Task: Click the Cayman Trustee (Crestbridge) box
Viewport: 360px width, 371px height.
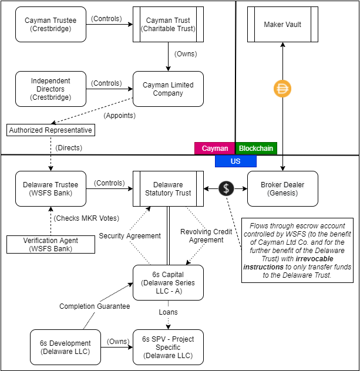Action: pos(51,24)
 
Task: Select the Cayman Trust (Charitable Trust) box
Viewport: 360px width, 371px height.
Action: pos(168,24)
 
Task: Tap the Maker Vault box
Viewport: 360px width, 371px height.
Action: pos(282,24)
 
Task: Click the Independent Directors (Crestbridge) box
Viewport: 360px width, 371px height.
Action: pos(51,89)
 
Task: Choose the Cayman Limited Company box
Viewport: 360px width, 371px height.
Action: pos(168,89)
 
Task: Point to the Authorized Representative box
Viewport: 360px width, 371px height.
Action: pos(51,130)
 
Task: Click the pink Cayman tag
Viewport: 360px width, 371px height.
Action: pos(215,149)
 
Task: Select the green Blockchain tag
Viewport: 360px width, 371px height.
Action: pos(256,149)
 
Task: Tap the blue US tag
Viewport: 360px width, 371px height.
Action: pos(235,161)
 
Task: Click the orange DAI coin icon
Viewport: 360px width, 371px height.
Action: pos(283,89)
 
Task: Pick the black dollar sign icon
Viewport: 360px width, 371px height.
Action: pos(227,188)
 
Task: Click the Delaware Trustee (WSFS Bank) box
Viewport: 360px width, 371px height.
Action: pos(51,188)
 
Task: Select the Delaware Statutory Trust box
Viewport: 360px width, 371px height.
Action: pos(168,188)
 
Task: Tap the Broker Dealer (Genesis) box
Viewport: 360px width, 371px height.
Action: pos(282,188)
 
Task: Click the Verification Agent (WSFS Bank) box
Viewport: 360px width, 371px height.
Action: pos(51,244)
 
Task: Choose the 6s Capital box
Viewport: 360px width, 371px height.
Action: pos(168,282)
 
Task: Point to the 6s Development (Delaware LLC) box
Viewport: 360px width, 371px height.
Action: pos(65,347)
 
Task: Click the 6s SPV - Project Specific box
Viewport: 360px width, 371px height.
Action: pos(168,347)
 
